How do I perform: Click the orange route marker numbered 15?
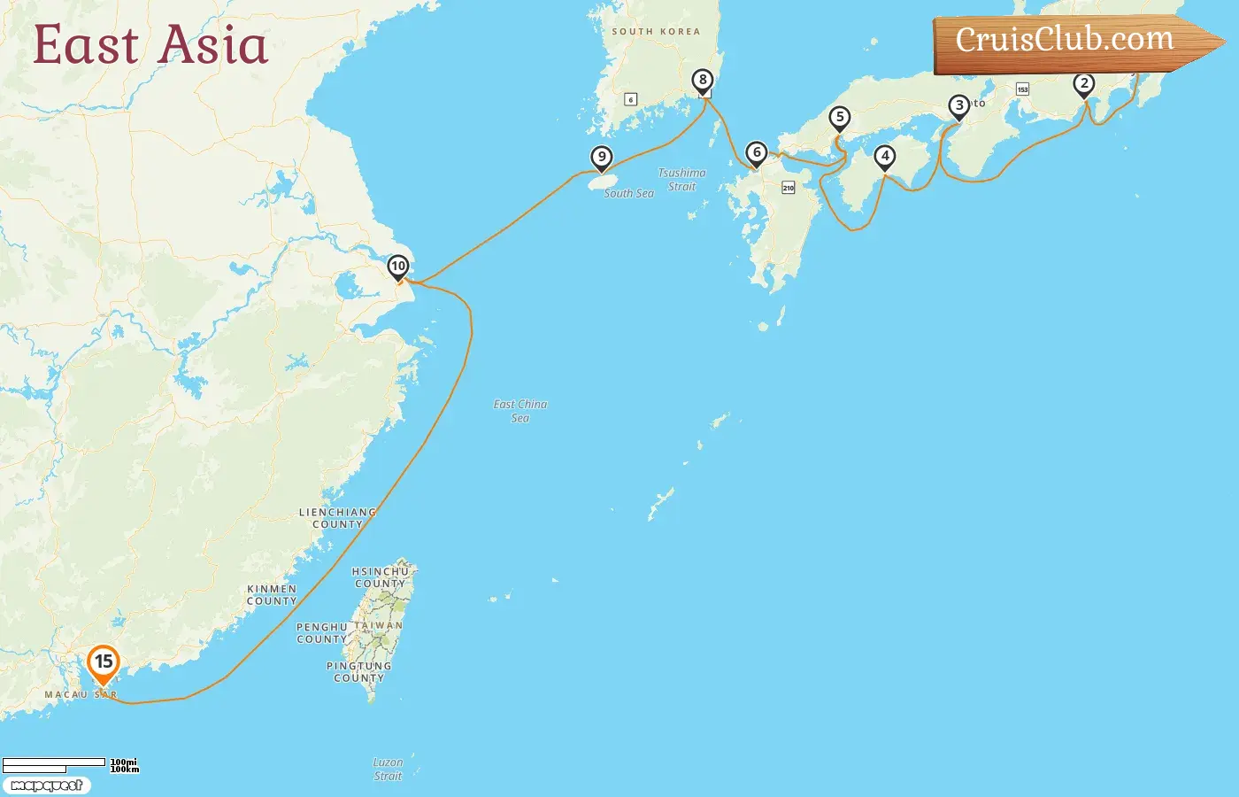click(104, 662)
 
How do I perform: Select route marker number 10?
click(398, 267)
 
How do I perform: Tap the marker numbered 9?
click(602, 158)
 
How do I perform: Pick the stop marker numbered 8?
click(703, 81)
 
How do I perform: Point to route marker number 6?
click(756, 153)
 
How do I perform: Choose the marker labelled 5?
click(839, 117)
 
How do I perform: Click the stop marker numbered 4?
click(885, 157)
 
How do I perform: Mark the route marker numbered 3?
click(959, 105)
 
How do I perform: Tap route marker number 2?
click(1084, 84)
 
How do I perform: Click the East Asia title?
click(150, 45)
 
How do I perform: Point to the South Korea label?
click(656, 32)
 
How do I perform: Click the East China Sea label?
click(520, 411)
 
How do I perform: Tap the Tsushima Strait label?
click(682, 180)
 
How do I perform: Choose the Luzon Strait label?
click(388, 769)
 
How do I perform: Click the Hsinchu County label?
click(381, 577)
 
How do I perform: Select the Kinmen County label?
click(272, 594)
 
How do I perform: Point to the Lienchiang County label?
click(337, 518)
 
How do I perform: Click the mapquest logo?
click(46, 785)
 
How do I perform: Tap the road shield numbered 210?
click(789, 188)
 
